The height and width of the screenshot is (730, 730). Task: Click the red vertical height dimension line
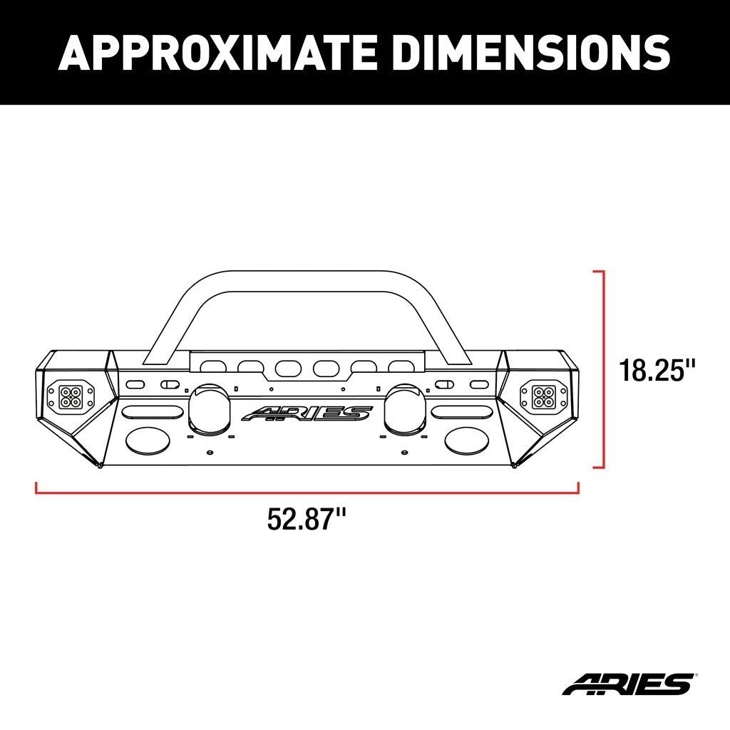tap(604, 369)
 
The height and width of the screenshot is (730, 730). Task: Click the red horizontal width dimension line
tap(307, 491)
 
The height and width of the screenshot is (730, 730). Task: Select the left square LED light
tap(69, 394)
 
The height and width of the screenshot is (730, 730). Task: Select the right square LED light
tap(534, 394)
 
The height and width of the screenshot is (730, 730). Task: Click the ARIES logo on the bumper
tap(307, 413)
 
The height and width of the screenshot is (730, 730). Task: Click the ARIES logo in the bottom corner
tap(627, 684)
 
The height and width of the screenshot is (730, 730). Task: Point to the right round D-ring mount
tap(403, 408)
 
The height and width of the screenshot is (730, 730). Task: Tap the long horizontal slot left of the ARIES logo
tap(152, 412)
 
